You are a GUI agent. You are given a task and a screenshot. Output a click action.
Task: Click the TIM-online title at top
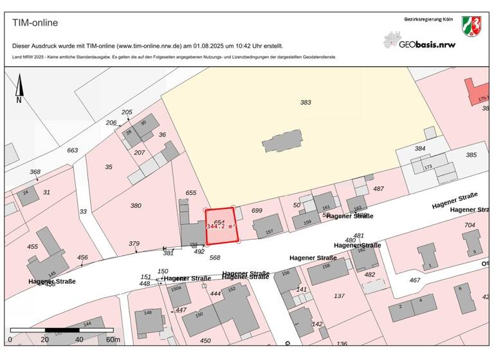35,23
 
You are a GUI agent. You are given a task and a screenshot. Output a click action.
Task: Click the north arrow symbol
19,89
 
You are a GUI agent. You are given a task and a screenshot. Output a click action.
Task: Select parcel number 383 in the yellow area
306,102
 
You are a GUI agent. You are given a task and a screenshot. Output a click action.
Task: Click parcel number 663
73,150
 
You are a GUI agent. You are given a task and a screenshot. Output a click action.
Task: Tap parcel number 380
136,206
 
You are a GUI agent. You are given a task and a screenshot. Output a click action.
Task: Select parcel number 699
257,210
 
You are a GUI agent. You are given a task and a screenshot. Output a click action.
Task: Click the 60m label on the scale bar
113,339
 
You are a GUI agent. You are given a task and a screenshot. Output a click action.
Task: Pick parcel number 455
32,246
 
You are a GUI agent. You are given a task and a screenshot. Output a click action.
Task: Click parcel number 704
470,225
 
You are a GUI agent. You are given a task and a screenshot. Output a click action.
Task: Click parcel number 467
415,280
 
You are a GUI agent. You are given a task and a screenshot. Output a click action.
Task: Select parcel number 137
339,296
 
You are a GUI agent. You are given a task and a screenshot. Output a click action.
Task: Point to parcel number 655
190,193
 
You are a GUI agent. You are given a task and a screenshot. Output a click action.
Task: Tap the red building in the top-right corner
478,93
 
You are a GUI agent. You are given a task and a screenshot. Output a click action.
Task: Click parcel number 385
471,155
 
